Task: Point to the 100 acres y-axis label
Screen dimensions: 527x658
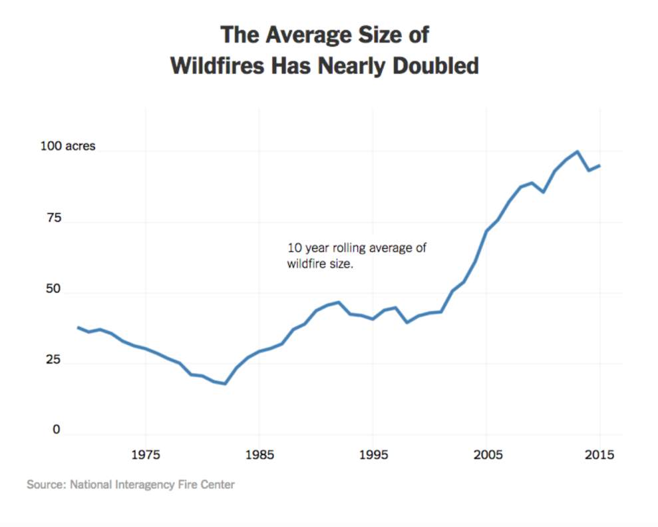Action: [x=69, y=147]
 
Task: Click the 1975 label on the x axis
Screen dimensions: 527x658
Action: [x=146, y=456]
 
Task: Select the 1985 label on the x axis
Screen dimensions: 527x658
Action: [x=259, y=456]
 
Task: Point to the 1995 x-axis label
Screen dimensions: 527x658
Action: [x=373, y=456]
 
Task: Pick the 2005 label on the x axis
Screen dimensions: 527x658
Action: [x=486, y=456]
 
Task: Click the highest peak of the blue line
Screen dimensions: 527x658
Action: [x=577, y=152]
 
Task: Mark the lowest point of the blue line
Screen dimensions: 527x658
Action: [x=226, y=384]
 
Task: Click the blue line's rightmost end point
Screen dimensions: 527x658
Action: [x=600, y=165]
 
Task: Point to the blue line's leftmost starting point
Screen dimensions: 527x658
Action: [x=78, y=327]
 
